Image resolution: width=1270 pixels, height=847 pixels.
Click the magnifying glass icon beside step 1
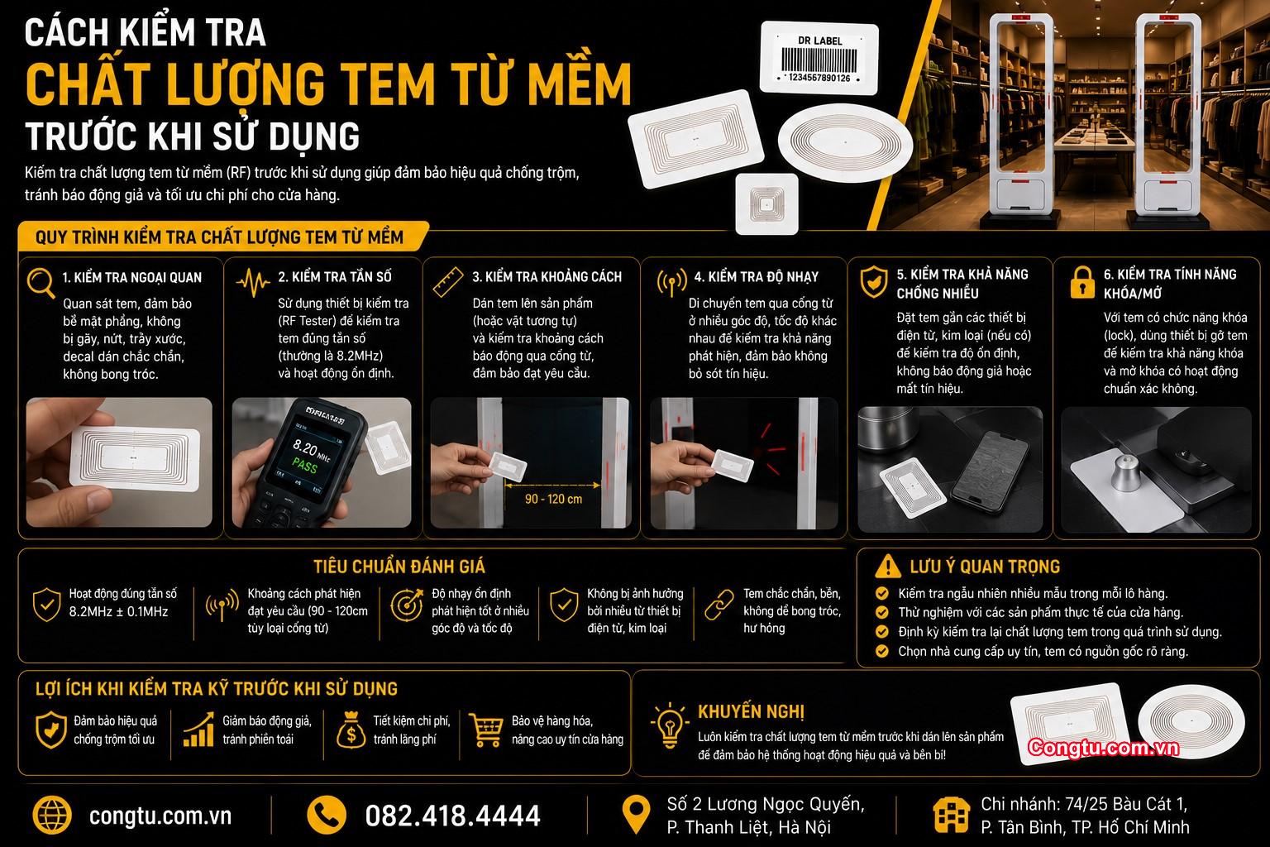(41, 283)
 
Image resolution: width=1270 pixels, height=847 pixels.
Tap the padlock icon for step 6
(1081, 283)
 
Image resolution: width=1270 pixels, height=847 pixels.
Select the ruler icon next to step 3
(448, 283)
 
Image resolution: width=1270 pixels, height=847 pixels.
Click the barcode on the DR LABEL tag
(819, 60)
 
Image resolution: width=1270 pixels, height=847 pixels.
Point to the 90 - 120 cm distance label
(553, 500)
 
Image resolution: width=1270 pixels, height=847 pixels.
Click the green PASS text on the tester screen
(304, 467)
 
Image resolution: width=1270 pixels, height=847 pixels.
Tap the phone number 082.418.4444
(452, 816)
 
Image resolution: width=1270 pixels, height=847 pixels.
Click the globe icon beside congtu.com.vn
(52, 816)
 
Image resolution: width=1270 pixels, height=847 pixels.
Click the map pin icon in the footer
(636, 815)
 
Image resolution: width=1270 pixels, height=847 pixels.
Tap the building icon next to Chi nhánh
(951, 816)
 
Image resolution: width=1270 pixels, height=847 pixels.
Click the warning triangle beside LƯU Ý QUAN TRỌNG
(888, 566)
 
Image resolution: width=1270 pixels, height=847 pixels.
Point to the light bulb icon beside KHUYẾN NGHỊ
(670, 725)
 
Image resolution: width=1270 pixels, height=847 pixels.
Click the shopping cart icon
(486, 730)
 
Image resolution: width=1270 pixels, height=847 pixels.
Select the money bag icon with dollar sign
(351, 730)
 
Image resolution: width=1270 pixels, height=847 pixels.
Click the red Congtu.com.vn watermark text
(1103, 748)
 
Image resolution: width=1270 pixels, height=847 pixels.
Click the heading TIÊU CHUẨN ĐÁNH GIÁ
(399, 567)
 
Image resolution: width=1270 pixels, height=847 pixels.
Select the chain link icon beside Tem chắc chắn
(719, 605)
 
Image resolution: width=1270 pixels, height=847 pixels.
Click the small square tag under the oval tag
(766, 203)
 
